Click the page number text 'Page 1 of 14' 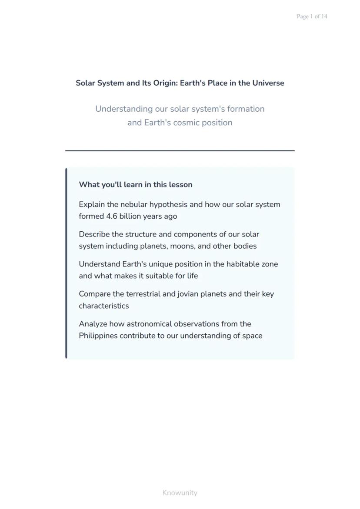click(x=312, y=17)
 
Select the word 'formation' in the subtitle click(x=246, y=109)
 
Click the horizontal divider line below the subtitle click(x=180, y=150)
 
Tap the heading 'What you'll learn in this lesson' click(x=136, y=185)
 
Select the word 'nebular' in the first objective click(x=134, y=204)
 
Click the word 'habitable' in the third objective click(x=242, y=264)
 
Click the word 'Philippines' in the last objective click(x=98, y=336)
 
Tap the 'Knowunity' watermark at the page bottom click(x=180, y=492)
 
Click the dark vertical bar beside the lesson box click(x=66, y=263)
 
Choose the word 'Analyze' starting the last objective click(x=93, y=324)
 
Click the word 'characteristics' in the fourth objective click(x=104, y=306)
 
